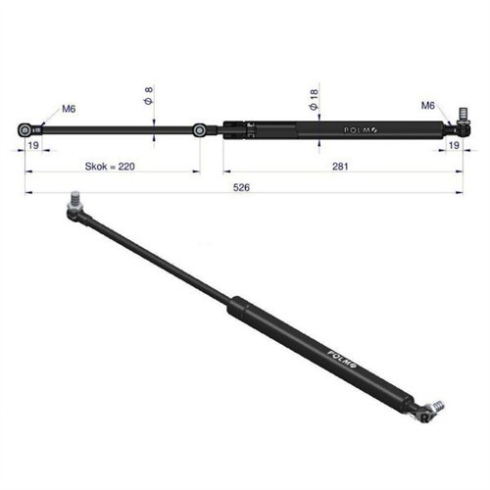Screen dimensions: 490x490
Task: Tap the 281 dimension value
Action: [x=340, y=167]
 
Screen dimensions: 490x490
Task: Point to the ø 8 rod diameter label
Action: [x=149, y=96]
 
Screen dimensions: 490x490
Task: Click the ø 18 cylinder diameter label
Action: [x=313, y=97]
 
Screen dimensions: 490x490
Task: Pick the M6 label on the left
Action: [x=70, y=109]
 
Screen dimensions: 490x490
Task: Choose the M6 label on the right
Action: [x=427, y=105]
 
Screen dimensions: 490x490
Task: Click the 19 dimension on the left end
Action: [x=33, y=144]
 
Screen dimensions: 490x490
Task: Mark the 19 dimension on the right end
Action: [x=453, y=144]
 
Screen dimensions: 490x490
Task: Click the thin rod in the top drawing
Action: [x=118, y=129]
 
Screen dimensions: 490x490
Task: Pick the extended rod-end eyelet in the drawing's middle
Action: [x=200, y=129]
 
